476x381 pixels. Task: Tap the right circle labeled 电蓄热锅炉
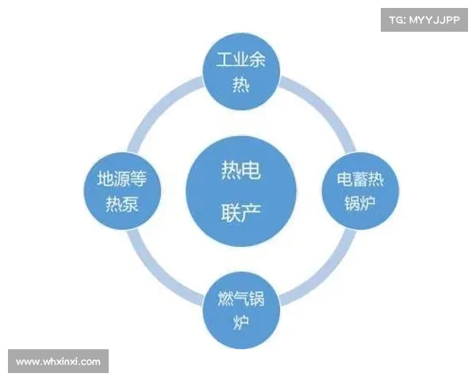(x=362, y=191)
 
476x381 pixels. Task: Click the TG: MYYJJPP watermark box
(x=424, y=20)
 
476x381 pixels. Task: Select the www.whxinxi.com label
(x=58, y=361)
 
